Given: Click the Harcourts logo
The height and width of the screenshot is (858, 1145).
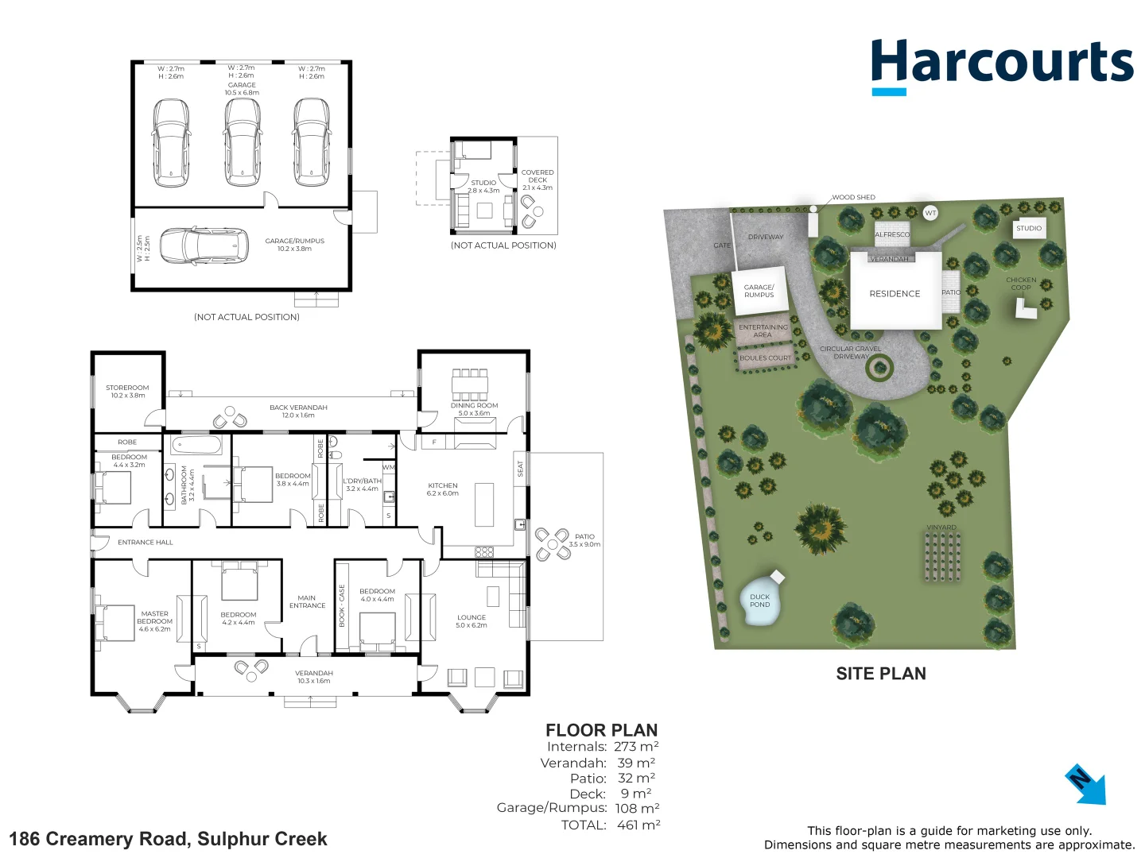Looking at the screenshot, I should click(x=1002, y=64).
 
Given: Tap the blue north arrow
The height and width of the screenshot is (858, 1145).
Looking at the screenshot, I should click(x=1086, y=785).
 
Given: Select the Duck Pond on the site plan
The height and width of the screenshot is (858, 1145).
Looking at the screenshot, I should click(x=759, y=601).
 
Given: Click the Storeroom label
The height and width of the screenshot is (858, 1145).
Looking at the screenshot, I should click(x=127, y=391).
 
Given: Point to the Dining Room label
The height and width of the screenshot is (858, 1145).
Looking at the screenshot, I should click(x=475, y=408).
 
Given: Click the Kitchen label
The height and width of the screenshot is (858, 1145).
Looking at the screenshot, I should click(x=443, y=489).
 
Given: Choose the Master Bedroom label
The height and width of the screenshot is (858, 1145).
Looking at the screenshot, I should click(x=154, y=620).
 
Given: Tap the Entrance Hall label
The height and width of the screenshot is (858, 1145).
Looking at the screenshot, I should click(x=146, y=543).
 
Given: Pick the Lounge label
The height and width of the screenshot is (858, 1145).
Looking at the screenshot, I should click(x=472, y=620).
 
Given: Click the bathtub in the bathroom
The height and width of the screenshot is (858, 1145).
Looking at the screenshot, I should click(x=196, y=443).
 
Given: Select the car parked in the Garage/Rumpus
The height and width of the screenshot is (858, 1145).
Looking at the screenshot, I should click(x=202, y=245).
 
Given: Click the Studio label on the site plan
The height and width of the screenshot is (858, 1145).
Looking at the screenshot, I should click(x=1028, y=228).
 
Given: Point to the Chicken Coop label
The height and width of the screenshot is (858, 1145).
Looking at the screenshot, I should click(x=1021, y=284).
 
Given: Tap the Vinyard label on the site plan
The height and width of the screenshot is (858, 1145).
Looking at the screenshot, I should click(x=941, y=528).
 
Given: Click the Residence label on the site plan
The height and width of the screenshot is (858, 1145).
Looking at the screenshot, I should click(x=895, y=294).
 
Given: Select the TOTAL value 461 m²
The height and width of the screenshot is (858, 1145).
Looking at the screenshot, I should click(x=638, y=825).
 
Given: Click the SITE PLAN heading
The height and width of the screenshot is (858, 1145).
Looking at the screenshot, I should click(x=881, y=674).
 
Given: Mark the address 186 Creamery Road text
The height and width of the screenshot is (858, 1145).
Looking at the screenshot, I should click(x=168, y=839).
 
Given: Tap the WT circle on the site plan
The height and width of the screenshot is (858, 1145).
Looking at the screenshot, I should click(x=930, y=213).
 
